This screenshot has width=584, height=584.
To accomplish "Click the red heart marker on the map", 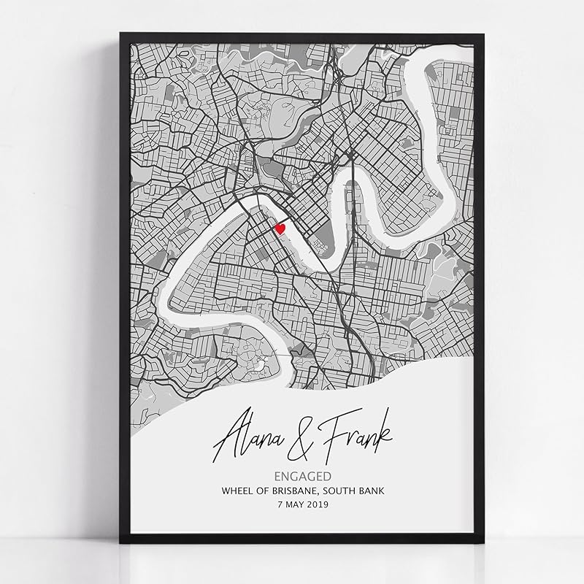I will [280, 228].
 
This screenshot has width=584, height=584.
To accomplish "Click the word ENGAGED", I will [301, 476].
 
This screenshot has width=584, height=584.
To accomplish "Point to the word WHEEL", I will [238, 491].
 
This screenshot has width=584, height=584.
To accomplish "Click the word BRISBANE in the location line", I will [295, 491].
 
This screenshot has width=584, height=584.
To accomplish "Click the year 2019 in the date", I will [318, 504].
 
